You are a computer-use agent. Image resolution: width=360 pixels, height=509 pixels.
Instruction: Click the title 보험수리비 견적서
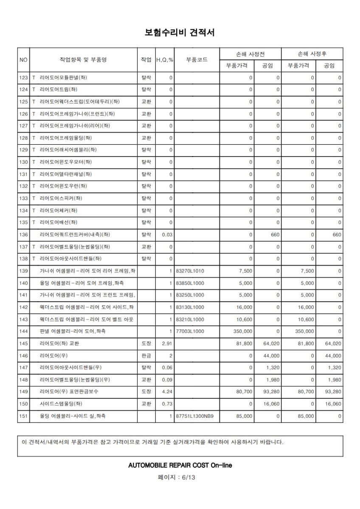180,33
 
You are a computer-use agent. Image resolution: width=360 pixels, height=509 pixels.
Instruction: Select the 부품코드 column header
197,60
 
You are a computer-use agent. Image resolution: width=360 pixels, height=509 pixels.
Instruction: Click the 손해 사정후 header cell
312,54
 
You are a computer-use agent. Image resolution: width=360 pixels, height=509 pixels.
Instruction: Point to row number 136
23,235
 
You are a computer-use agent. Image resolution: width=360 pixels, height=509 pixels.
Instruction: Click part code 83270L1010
190,271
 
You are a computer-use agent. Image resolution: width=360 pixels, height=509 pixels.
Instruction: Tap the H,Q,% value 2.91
167,344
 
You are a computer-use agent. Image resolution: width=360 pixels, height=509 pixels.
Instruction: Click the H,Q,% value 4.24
167,392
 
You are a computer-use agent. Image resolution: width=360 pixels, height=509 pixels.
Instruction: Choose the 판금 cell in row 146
146,356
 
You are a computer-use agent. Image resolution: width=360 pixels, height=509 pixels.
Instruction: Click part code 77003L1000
190,331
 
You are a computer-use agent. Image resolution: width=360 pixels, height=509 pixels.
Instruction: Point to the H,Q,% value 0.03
167,235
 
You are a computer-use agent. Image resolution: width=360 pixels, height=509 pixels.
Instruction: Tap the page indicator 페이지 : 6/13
180,477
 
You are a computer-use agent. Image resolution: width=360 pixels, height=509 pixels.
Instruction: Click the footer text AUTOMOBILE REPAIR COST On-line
180,465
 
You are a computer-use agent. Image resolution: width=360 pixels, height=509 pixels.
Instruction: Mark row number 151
23,416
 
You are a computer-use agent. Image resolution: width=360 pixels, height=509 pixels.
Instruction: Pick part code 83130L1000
190,307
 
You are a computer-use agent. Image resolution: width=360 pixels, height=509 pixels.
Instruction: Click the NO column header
23,60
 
